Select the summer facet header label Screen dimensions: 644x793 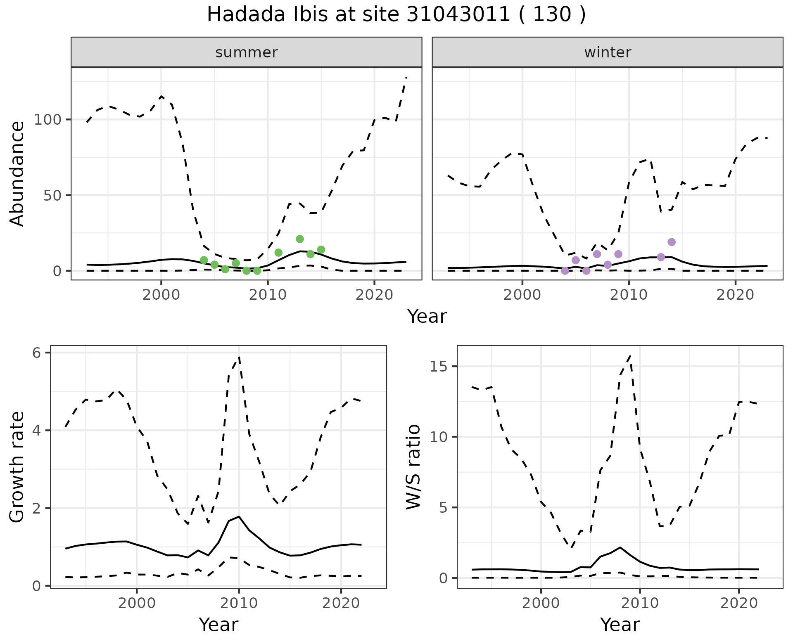pyautogui.click(x=246, y=52)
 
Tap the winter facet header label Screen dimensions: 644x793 pyautogui.click(x=607, y=52)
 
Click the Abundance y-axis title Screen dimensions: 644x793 pyautogui.click(x=17, y=174)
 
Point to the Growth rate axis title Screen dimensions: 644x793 pyautogui.click(x=17, y=467)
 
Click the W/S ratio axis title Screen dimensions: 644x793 pyautogui.click(x=413, y=467)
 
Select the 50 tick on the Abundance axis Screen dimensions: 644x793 pyautogui.click(x=53, y=195)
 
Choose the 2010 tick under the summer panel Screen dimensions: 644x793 pyautogui.click(x=268, y=295)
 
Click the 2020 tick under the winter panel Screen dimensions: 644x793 pyautogui.click(x=735, y=295)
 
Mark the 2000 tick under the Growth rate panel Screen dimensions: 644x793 pyautogui.click(x=137, y=603)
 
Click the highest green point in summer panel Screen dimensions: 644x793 pyautogui.click(x=300, y=239)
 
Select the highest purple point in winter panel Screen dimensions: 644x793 pyautogui.click(x=672, y=242)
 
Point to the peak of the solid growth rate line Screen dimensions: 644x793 pyautogui.click(x=239, y=516)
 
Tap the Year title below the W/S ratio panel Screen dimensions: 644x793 pyautogui.click(x=620, y=625)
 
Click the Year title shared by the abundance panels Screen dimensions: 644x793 pyautogui.click(x=427, y=317)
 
